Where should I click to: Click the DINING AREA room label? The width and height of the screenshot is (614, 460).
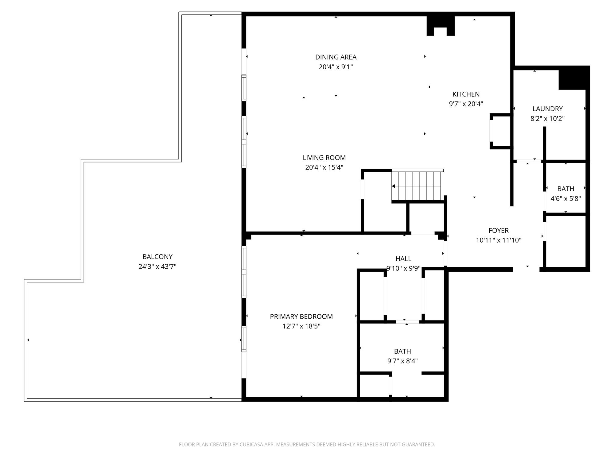click(336, 57)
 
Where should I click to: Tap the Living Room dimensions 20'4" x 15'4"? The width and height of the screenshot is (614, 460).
click(324, 167)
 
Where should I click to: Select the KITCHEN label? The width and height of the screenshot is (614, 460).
click(466, 94)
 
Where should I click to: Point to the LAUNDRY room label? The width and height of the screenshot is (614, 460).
click(548, 109)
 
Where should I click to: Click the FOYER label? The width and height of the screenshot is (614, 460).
click(499, 231)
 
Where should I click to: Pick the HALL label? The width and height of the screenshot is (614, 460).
click(403, 259)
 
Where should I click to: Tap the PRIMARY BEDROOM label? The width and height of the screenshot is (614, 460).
click(301, 316)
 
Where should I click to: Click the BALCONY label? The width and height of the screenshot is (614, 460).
click(157, 257)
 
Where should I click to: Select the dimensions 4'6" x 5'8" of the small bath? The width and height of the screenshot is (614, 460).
click(566, 199)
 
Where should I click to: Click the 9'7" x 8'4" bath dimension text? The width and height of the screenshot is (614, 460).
click(402, 361)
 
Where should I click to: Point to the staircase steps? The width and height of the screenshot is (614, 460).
click(417, 186)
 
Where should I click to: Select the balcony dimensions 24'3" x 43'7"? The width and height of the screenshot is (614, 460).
click(157, 266)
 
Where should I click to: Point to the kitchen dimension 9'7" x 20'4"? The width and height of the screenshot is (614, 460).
click(466, 104)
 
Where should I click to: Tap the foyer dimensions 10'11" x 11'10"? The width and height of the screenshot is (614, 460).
click(499, 240)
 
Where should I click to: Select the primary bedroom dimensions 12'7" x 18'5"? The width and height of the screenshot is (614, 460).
click(301, 326)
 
